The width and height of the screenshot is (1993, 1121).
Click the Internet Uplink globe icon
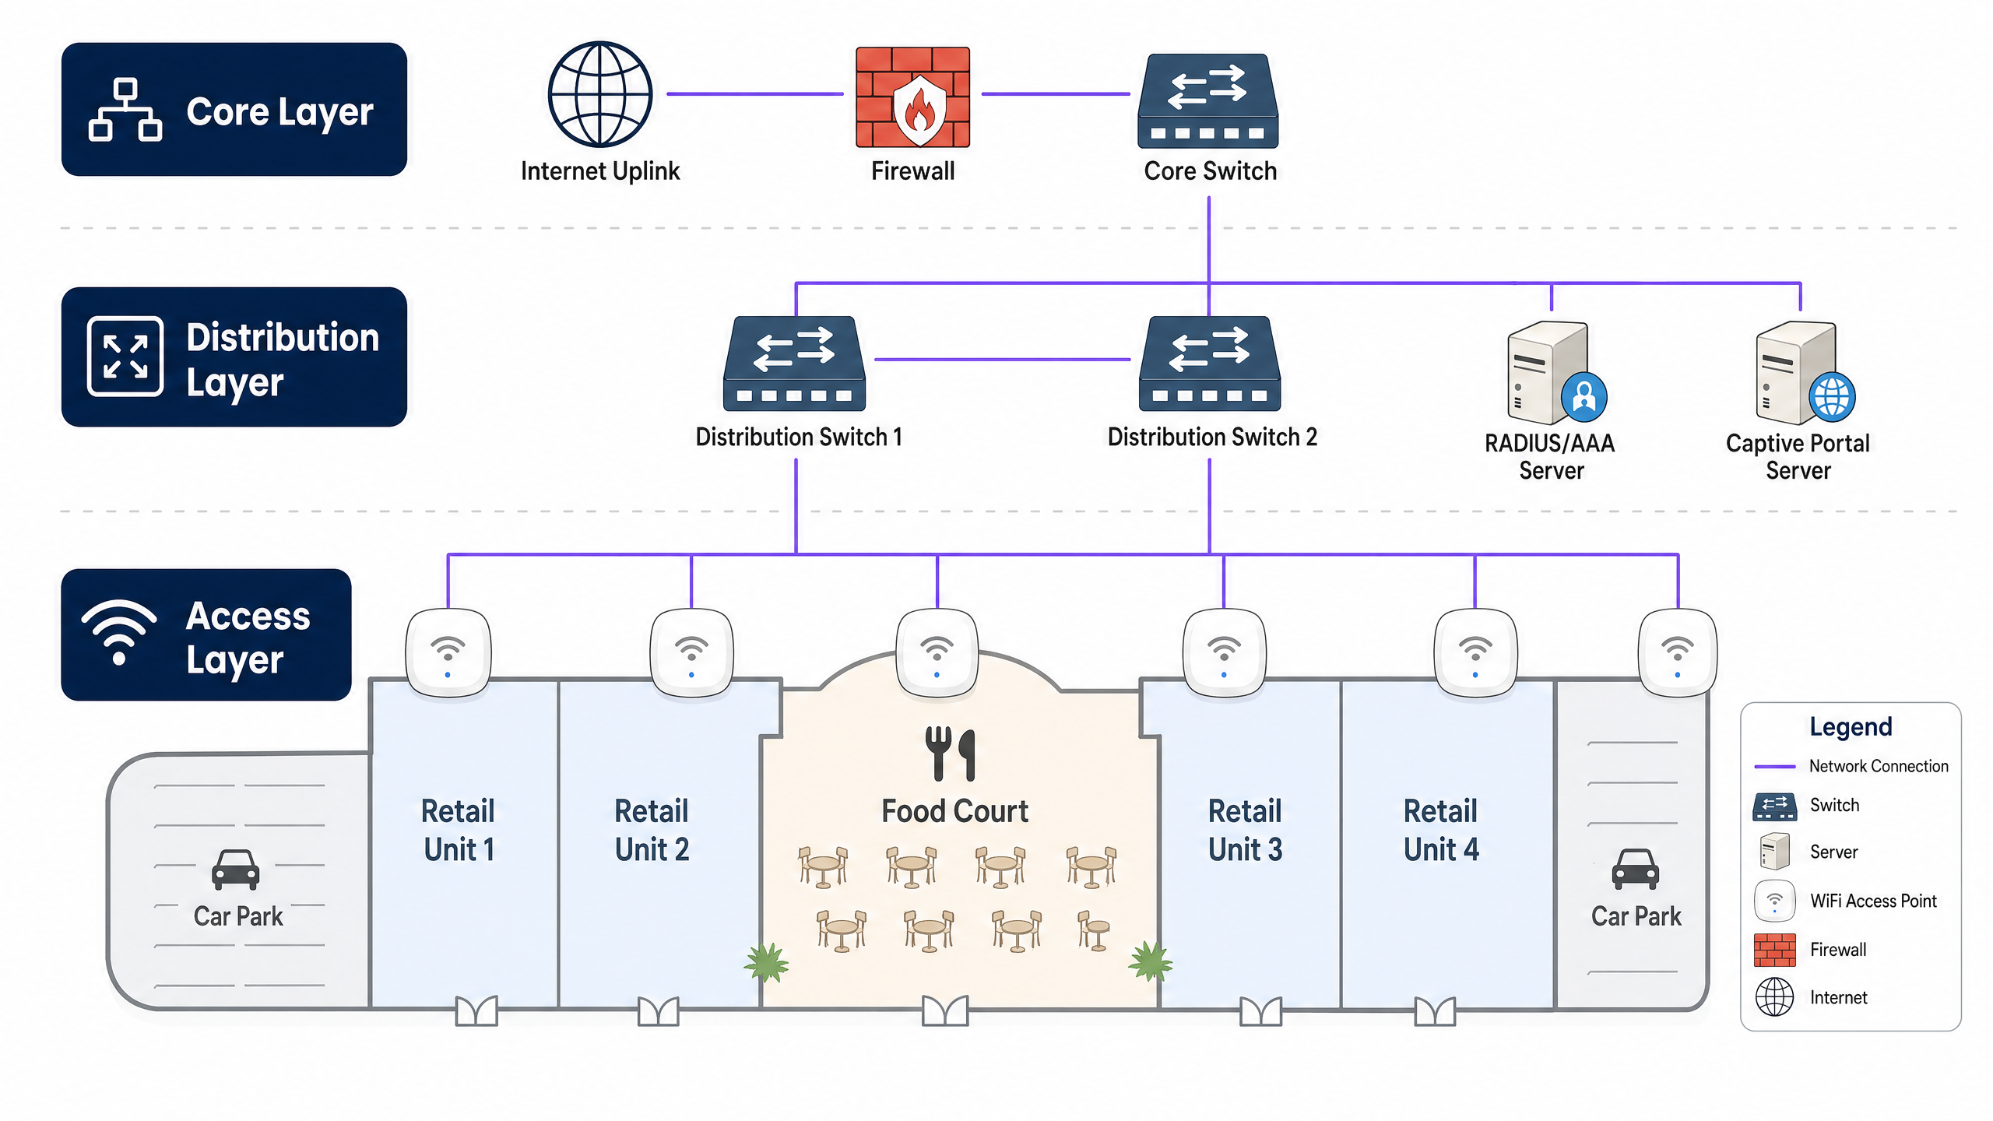(x=599, y=94)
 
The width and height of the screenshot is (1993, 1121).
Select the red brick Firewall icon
(x=912, y=97)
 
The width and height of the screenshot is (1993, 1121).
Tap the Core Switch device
(x=1207, y=101)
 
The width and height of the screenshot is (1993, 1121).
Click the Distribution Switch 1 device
(x=794, y=364)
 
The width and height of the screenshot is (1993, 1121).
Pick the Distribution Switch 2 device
(x=1209, y=364)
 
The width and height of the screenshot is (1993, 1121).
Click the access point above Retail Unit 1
(x=448, y=652)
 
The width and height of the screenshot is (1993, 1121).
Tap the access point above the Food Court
(x=937, y=652)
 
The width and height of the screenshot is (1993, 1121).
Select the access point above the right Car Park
(x=1677, y=652)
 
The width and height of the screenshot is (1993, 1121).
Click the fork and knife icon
(x=950, y=753)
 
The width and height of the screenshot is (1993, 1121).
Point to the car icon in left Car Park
(x=235, y=870)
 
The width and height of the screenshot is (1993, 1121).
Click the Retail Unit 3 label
(x=1244, y=830)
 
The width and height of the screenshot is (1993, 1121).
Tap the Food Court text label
(x=954, y=811)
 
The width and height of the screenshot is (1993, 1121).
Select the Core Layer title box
(x=234, y=110)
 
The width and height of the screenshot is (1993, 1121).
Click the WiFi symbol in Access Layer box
(x=119, y=631)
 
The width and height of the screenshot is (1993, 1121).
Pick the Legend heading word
(x=1850, y=726)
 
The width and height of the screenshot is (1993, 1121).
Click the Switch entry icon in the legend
(x=1774, y=806)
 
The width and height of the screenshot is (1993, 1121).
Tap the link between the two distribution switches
(x=1002, y=360)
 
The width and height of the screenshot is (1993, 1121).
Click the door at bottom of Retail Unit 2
(x=658, y=1010)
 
